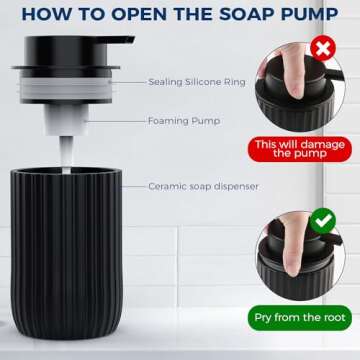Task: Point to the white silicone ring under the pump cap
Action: [x=75, y=89]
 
